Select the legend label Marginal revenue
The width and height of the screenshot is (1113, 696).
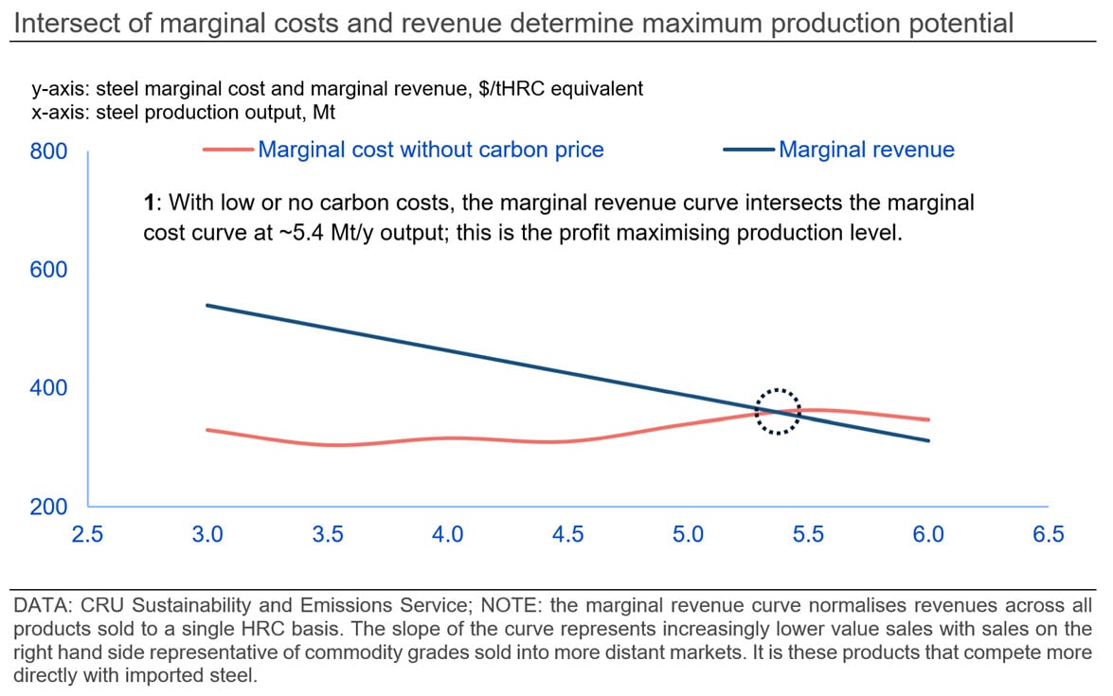coord(866,150)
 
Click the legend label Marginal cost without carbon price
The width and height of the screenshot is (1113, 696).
coord(431,150)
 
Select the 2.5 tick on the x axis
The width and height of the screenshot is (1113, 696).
coord(87,534)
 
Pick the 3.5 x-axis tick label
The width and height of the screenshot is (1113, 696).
coord(328,534)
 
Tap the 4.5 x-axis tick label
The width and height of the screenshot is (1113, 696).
coord(567,534)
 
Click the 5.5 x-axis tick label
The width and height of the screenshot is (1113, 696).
coord(808,534)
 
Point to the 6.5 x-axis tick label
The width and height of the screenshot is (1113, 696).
coord(1048,534)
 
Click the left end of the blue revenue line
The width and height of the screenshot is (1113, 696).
coord(207,305)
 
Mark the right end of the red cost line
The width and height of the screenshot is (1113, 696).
coord(928,419)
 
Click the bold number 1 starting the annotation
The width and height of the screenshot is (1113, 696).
coord(149,203)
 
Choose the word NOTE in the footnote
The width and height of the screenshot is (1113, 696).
coord(456,604)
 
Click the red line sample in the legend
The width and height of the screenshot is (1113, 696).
coord(228,150)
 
